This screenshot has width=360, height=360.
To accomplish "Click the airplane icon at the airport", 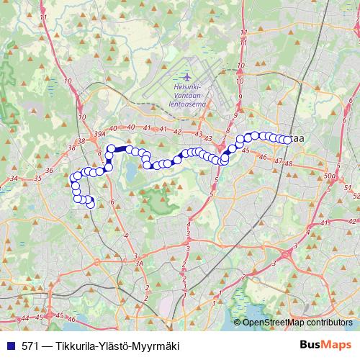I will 188,77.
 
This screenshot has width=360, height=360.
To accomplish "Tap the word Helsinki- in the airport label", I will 188,89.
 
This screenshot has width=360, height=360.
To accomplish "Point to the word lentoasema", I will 188,104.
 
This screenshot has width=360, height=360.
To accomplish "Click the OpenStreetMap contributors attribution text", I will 299,323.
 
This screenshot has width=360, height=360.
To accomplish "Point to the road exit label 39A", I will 99,133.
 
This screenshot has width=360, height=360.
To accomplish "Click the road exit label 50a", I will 330,176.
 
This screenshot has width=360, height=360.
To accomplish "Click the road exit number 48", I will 289,164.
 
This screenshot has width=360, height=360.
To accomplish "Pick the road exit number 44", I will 26,318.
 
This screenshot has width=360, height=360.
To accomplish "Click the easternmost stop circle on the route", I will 288,140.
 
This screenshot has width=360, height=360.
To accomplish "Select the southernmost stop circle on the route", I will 91,204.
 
